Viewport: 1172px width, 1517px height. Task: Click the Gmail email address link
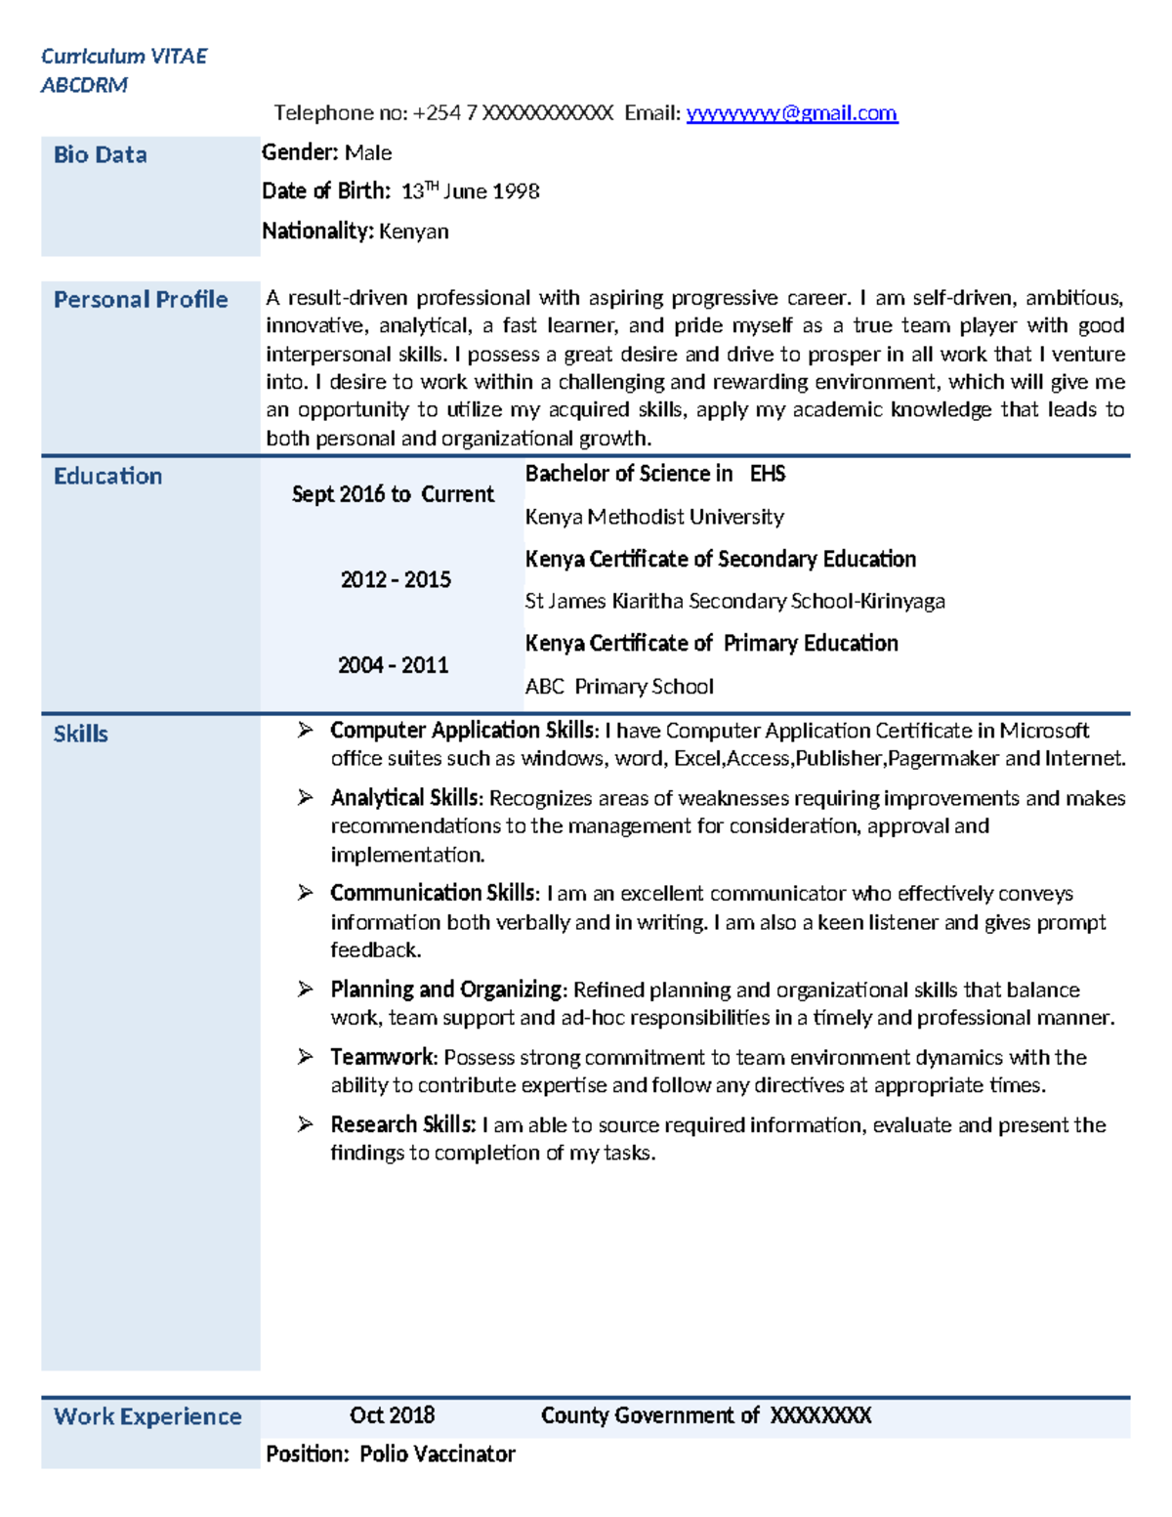[x=791, y=113]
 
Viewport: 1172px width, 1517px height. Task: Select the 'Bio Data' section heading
[x=100, y=154]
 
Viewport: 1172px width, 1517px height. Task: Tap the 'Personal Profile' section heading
[x=141, y=299]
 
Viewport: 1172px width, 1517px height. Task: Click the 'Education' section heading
[x=107, y=476]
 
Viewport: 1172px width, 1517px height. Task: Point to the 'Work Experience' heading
[x=147, y=1416]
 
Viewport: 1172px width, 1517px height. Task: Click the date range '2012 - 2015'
[x=396, y=580]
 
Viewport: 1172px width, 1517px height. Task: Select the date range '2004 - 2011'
[x=393, y=665]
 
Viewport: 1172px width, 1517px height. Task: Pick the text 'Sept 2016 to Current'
[x=393, y=494]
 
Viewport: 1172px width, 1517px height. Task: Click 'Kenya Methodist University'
[x=654, y=517]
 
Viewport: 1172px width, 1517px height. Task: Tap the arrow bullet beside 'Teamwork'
[x=306, y=1057]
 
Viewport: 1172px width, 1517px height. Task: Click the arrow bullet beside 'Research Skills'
[x=306, y=1124]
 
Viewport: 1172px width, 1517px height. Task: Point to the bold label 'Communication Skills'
[x=433, y=893]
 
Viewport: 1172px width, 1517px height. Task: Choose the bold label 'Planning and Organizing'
[x=447, y=990]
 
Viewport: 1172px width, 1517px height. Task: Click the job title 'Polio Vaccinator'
[x=437, y=1454]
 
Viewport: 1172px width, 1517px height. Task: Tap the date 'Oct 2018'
[x=392, y=1415]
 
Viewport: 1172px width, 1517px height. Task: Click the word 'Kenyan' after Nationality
[x=414, y=232]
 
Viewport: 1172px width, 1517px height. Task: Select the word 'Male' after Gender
[x=368, y=152]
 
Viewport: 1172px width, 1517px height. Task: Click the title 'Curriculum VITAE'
[x=124, y=57]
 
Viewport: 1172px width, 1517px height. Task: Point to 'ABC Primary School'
[x=619, y=687]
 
